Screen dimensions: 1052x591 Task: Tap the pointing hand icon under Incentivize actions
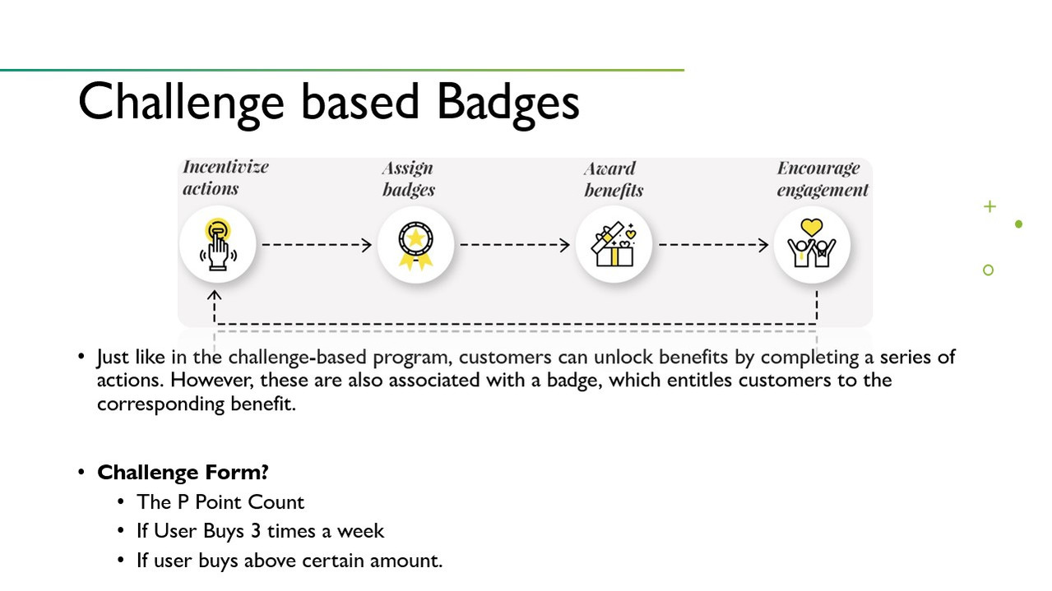click(218, 245)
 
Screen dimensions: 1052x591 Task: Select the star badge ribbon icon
click(415, 246)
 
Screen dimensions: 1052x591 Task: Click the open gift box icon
click(614, 245)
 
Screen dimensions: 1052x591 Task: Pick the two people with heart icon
click(812, 243)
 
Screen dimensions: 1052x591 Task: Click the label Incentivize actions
click(225, 178)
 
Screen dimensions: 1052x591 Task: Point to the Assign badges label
click(408, 179)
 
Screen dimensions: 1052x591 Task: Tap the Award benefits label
click(614, 180)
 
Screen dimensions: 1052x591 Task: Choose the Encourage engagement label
click(823, 179)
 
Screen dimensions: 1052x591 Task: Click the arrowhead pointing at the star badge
click(367, 245)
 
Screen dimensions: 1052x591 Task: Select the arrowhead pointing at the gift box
click(565, 245)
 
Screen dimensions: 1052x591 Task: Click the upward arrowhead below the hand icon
click(214, 295)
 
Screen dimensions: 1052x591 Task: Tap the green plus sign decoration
click(989, 206)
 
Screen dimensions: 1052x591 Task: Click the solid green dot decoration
click(1018, 224)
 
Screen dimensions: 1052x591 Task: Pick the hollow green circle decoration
click(988, 270)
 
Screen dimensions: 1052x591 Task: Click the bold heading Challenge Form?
click(183, 473)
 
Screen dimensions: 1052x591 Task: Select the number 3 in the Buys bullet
click(256, 531)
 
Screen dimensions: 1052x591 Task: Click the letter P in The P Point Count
click(183, 502)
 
